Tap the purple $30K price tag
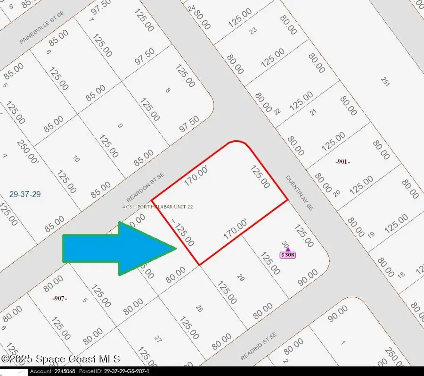pos(287,255)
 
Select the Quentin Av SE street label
pos(300,193)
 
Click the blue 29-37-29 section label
pos(25,194)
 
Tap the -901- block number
pos(342,162)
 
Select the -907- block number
pos(60,298)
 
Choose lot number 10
pos(75,159)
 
